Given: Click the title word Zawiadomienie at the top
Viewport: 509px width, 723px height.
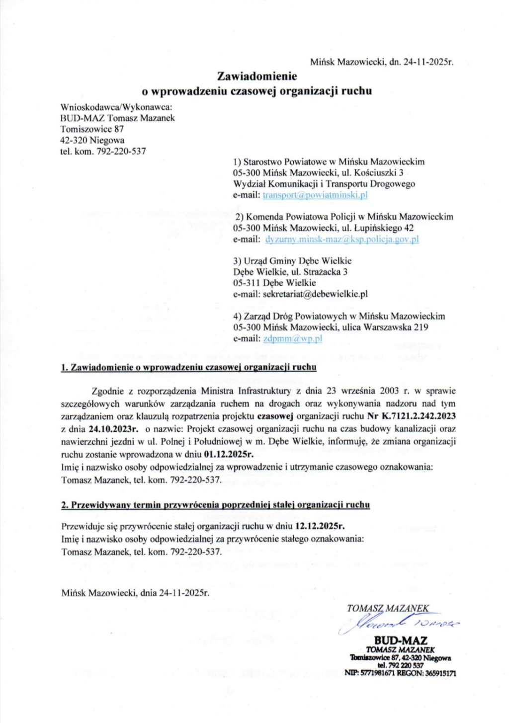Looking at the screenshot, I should point(257,77).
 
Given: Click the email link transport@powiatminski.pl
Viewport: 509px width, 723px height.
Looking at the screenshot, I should point(315,195).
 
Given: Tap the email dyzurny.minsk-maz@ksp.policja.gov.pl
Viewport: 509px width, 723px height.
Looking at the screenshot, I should point(342,239).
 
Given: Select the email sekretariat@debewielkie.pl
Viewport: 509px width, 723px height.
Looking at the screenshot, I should point(315,294).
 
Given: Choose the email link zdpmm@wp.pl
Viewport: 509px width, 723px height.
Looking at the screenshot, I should point(292,338).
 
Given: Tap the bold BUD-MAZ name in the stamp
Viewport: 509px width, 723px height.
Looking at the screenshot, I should point(401,641).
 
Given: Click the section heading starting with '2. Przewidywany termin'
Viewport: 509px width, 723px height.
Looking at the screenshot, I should point(215,505).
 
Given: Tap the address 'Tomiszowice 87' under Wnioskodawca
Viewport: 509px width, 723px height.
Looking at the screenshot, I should point(92,129).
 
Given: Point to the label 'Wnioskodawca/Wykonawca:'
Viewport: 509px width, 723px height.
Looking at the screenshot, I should point(116,107).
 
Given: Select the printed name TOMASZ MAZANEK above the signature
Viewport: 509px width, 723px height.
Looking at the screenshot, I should point(388,608).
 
